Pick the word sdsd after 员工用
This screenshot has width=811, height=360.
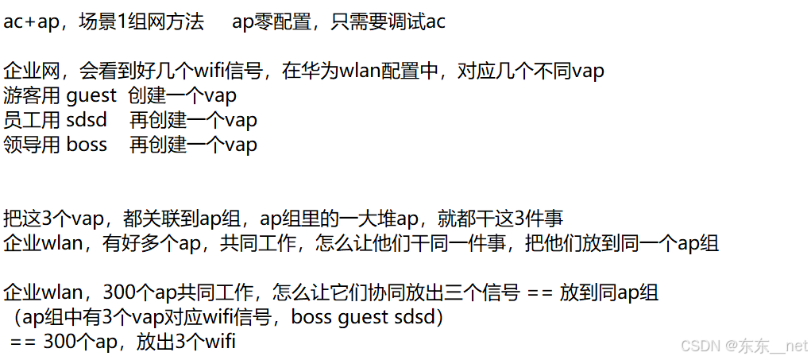click(x=87, y=121)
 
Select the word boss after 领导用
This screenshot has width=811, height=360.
click(x=86, y=145)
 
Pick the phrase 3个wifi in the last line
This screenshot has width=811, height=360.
click(x=201, y=342)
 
